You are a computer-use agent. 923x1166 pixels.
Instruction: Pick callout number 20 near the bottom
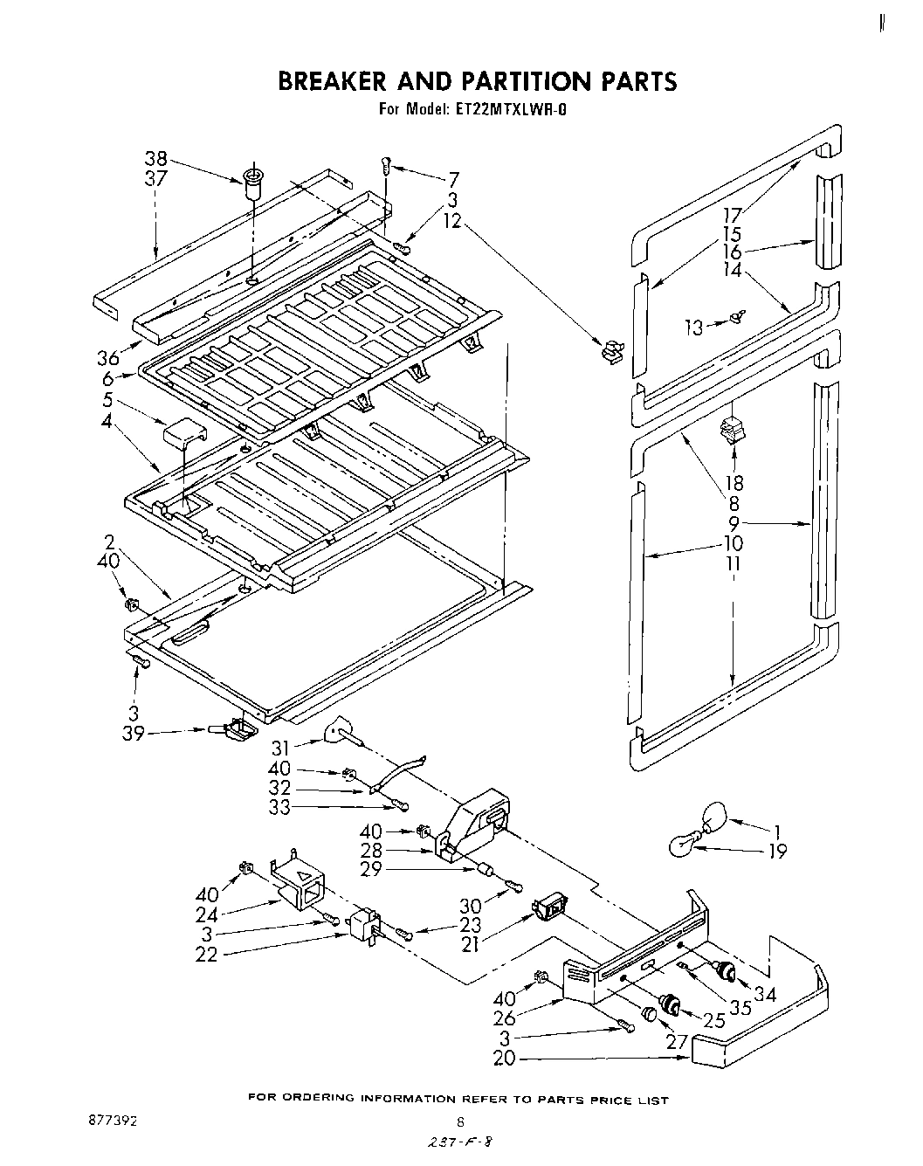point(505,1059)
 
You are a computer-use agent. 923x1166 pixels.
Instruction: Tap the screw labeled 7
point(386,164)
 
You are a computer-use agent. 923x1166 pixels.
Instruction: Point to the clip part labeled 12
point(612,349)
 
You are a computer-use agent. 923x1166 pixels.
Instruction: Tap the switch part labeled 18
point(729,431)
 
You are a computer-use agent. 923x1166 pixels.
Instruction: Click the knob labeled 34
point(724,969)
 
